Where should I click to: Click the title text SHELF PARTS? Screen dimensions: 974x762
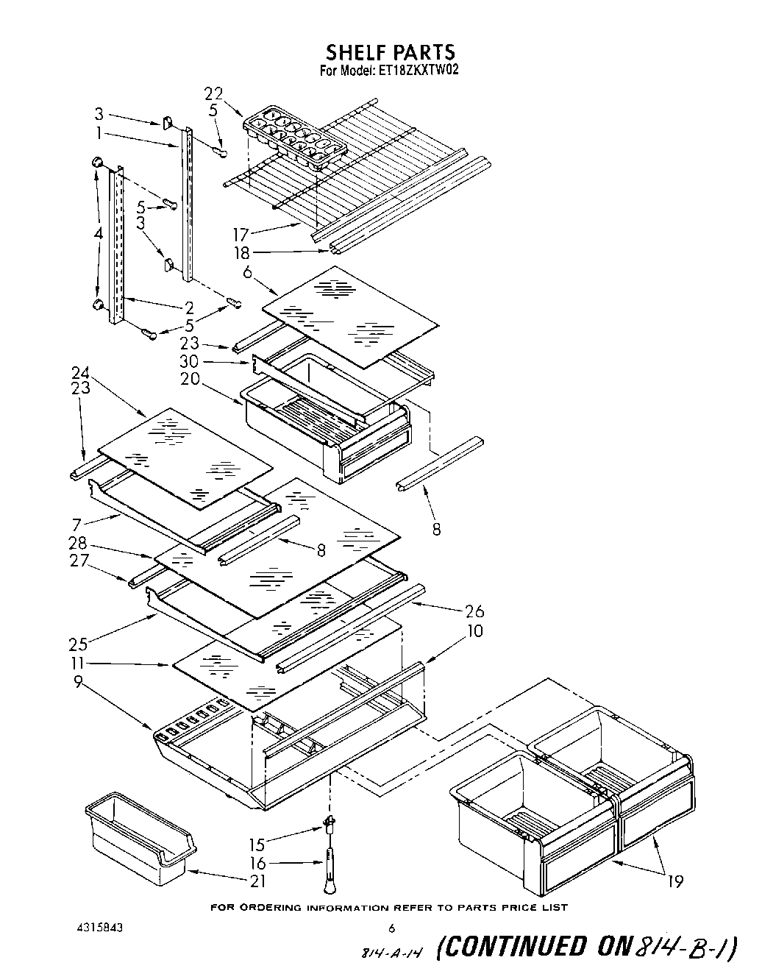tap(390, 52)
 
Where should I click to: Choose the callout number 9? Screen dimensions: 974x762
tap(78, 681)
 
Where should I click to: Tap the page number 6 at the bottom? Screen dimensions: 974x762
tap(392, 928)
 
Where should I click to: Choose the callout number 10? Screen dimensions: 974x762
tap(475, 631)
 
